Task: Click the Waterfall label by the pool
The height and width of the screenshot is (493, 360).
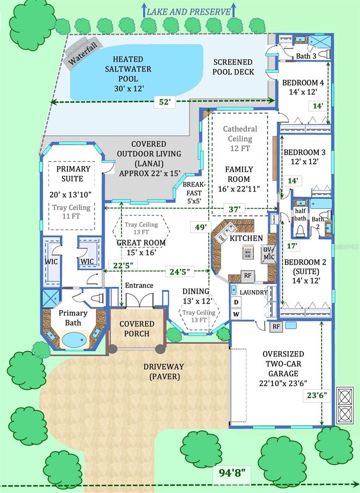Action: (x=83, y=54)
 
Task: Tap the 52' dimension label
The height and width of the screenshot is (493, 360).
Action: (x=165, y=102)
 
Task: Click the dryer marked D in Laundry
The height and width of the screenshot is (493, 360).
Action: (x=236, y=302)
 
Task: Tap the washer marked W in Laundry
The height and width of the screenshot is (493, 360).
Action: (x=236, y=314)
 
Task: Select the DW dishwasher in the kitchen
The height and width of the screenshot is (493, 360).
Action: (x=221, y=239)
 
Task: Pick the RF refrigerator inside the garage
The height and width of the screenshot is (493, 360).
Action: (x=276, y=326)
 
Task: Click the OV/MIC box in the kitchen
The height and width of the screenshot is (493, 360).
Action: (x=269, y=254)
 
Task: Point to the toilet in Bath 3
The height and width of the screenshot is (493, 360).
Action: (x=325, y=54)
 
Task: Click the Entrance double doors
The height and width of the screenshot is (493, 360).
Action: (x=139, y=300)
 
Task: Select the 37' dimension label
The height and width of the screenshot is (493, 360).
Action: (x=234, y=209)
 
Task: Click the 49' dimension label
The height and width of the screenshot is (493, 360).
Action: (x=201, y=227)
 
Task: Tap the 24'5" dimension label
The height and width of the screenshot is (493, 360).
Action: (x=180, y=272)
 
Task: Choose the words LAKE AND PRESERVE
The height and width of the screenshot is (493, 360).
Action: (x=189, y=12)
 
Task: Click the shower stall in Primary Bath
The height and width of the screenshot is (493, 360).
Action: (x=51, y=298)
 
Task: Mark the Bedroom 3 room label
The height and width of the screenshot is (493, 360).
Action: (x=305, y=152)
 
